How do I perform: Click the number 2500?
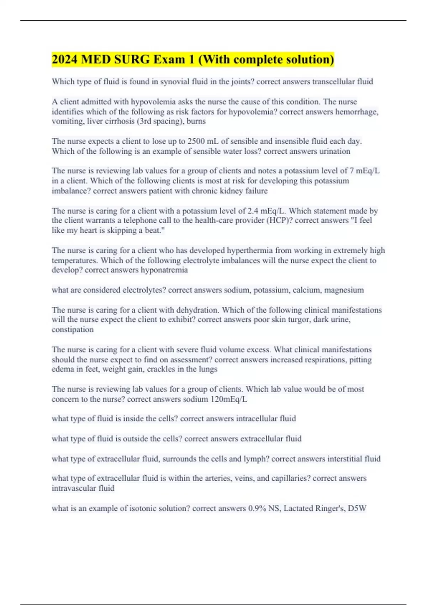point(196,141)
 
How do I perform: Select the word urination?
point(334,151)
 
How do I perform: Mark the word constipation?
point(73,330)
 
